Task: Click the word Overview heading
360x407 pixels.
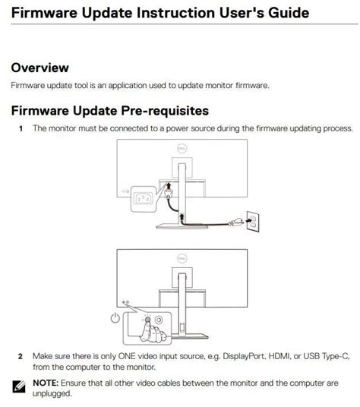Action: coord(39,68)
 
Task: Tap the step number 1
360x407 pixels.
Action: coord(21,128)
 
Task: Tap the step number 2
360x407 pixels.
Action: coord(21,355)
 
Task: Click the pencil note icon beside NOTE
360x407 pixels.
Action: coord(20,388)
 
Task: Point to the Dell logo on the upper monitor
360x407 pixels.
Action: coord(182,152)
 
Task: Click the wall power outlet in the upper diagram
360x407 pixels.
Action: coord(253,221)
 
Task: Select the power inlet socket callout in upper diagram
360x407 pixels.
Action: coord(144,200)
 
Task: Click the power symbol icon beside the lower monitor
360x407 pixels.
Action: coord(115,317)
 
